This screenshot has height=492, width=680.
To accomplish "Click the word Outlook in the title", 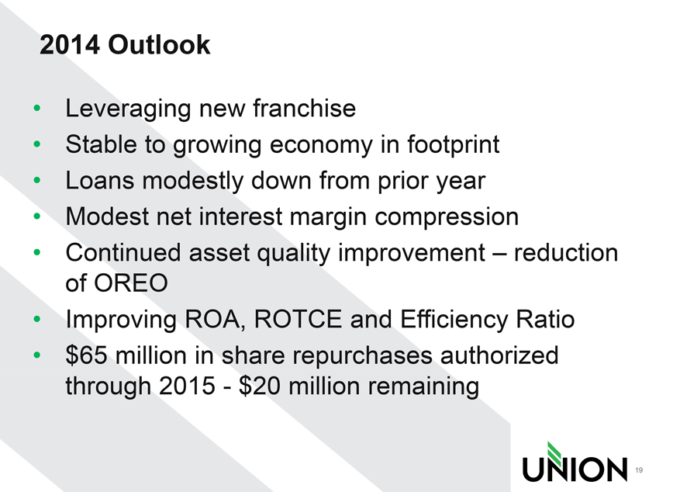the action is pos(159,45).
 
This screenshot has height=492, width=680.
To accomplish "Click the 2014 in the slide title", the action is pos(69,45).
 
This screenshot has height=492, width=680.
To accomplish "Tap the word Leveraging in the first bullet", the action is pos(128,109).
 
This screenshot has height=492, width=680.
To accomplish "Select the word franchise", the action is pos(305,108).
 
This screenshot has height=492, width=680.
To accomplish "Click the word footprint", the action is pos(453,145).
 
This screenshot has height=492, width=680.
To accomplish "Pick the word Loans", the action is pos(100,181).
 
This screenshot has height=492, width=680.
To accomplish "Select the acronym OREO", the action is pos(131,283).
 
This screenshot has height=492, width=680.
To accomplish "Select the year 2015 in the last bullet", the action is pos(187,386).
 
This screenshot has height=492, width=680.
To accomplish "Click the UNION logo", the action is pos(575,463).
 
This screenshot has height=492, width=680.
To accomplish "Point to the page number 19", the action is pos(639,469).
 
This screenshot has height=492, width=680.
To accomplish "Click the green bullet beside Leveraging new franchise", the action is pos(37,108).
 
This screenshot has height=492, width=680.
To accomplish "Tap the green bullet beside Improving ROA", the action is pos(37,319).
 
